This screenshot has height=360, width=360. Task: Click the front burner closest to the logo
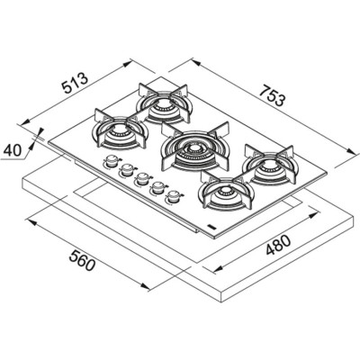click(x=221, y=193)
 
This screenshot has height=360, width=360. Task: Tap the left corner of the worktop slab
click(x=20, y=184)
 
